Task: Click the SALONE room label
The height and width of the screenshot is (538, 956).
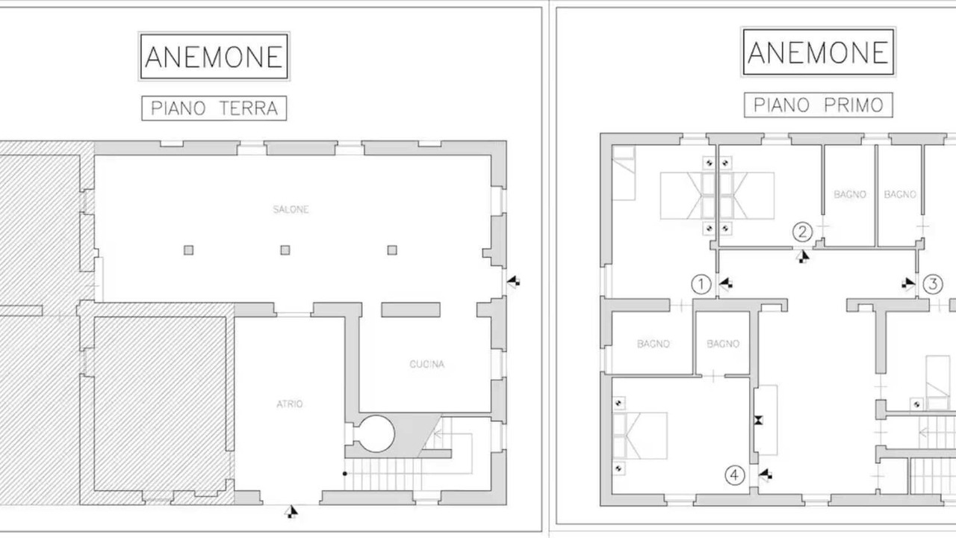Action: [291, 209]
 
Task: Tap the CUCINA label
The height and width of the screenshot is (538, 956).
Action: [426, 364]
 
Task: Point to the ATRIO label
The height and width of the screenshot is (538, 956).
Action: [289, 404]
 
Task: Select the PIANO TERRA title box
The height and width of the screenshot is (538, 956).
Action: [214, 108]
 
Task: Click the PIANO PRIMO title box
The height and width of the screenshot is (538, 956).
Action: [818, 105]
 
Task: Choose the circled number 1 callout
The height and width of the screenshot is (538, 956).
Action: [701, 285]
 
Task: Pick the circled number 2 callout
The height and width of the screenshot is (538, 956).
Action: [802, 232]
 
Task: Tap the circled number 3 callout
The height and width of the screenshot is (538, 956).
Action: [933, 285]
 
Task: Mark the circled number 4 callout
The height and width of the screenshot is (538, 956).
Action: [734, 475]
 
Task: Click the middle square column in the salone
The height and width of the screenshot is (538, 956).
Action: [285, 250]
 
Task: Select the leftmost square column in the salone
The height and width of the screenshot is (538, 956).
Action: [189, 250]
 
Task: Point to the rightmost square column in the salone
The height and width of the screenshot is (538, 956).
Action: [392, 250]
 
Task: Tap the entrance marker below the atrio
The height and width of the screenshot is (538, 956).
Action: [291, 511]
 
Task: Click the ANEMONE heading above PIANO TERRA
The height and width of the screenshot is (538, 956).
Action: [214, 56]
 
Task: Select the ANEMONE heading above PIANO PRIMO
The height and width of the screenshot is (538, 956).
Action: [818, 52]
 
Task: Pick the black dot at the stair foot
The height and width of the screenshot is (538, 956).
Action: [345, 474]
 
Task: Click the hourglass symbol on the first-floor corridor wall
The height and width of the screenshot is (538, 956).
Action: [758, 421]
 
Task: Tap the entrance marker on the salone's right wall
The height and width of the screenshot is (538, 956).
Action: [513, 282]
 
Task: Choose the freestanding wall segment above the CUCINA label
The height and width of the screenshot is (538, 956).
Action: [411, 310]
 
